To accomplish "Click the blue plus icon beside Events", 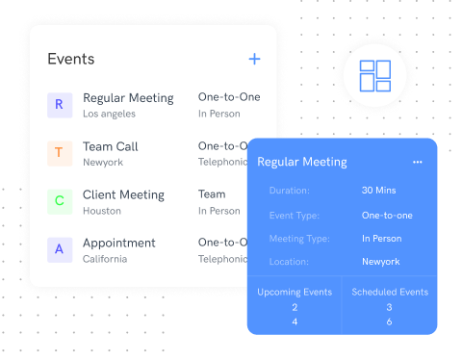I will pyautogui.click(x=254, y=60).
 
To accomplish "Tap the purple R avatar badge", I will pyautogui.click(x=59, y=104).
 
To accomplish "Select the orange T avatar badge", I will pyautogui.click(x=59, y=152).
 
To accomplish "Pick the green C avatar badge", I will pyautogui.click(x=59, y=200).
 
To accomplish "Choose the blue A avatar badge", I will pyautogui.click(x=59, y=249).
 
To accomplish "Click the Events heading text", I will pyautogui.click(x=71, y=60).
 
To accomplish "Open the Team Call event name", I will pyautogui.click(x=110, y=146).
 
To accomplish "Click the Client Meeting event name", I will pyautogui.click(x=123, y=194).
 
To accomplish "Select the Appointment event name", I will pyautogui.click(x=118, y=243).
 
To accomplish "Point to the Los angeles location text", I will pyautogui.click(x=109, y=114).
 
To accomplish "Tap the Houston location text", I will pyautogui.click(x=101, y=211).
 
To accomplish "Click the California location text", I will pyautogui.click(x=105, y=259).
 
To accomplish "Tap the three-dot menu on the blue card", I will pyautogui.click(x=417, y=162).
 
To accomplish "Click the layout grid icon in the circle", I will pyautogui.click(x=374, y=76).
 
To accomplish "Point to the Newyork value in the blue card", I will pyautogui.click(x=380, y=261).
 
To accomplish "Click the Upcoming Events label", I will pyautogui.click(x=295, y=292).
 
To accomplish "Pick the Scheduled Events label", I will pyautogui.click(x=390, y=292).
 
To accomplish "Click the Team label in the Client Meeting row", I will pyautogui.click(x=212, y=194).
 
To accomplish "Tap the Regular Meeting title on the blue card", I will pyautogui.click(x=301, y=162).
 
